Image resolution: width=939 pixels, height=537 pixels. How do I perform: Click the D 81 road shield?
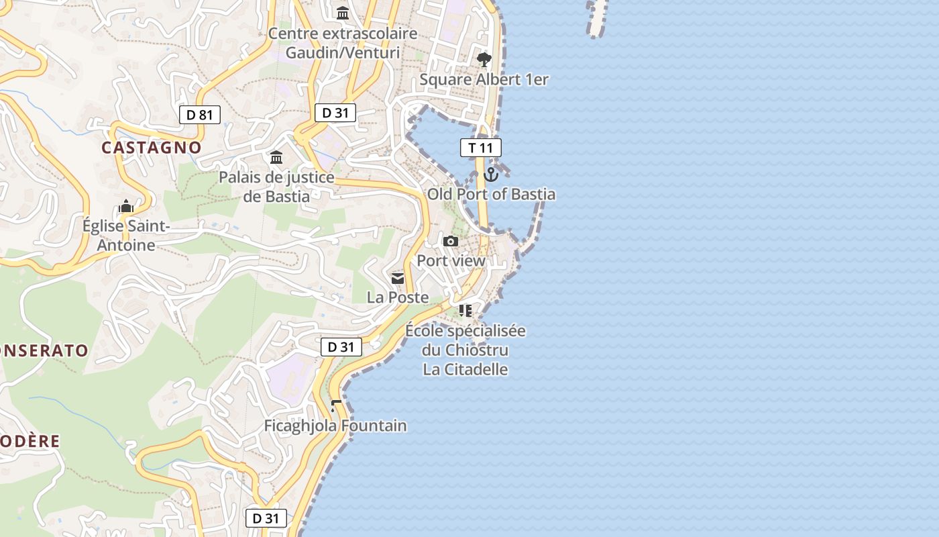pyautogui.click(x=200, y=115)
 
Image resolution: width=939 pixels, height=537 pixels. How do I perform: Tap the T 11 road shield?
pyautogui.click(x=481, y=148)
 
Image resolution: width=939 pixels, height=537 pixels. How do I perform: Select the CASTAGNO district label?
pyautogui.click(x=152, y=148)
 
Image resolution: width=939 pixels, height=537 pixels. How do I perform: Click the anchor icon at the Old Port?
pyautogui.click(x=491, y=175)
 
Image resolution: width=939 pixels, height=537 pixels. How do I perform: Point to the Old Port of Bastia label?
pyautogui.click(x=492, y=195)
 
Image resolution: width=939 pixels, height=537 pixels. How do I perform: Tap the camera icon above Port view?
pyautogui.click(x=451, y=241)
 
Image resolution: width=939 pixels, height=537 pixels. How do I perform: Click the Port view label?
pyautogui.click(x=451, y=260)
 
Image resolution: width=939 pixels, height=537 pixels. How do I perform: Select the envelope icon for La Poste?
pyautogui.click(x=398, y=278)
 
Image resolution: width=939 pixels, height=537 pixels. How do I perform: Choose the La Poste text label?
pyautogui.click(x=398, y=297)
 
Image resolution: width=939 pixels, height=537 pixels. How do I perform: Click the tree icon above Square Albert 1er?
pyautogui.click(x=484, y=60)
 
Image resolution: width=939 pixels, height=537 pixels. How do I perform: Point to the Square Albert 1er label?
pyautogui.click(x=484, y=80)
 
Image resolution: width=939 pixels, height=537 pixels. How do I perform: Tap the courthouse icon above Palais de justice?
pyautogui.click(x=276, y=158)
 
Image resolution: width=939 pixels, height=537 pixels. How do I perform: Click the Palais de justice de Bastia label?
pyautogui.click(x=276, y=187)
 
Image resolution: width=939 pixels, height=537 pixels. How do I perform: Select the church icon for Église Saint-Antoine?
pyautogui.click(x=126, y=206)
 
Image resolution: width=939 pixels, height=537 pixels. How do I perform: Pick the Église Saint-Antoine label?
pyautogui.click(x=126, y=236)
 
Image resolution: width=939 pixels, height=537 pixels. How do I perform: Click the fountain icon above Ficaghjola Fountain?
pyautogui.click(x=335, y=406)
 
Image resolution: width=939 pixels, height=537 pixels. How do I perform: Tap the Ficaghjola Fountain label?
pyautogui.click(x=335, y=426)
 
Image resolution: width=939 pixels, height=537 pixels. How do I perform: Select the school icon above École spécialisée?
pyautogui.click(x=465, y=310)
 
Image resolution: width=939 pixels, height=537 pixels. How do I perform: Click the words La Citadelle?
pyautogui.click(x=465, y=370)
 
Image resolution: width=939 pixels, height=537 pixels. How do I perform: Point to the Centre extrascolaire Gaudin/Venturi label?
pyautogui.click(x=343, y=43)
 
